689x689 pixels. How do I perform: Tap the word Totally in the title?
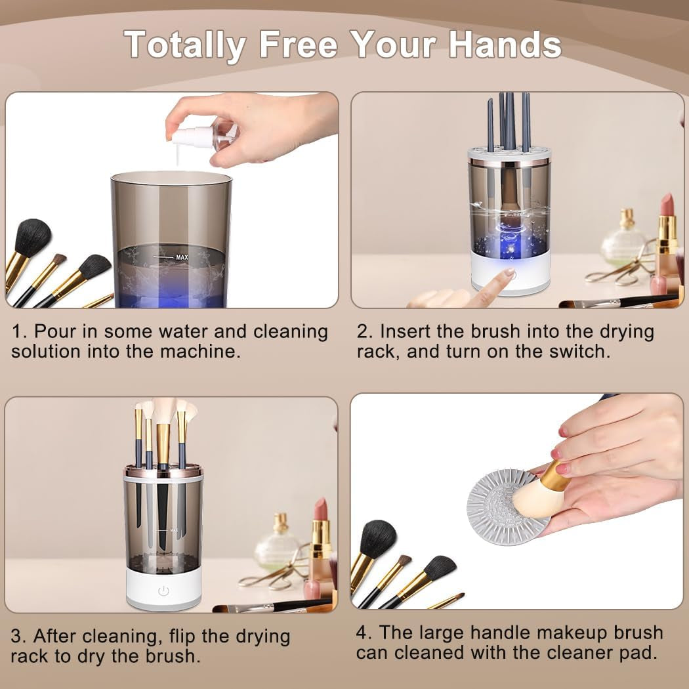(186, 45)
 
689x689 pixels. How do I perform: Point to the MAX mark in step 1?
(181, 257)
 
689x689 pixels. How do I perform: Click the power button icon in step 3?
(163, 591)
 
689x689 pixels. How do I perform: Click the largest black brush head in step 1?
(32, 238)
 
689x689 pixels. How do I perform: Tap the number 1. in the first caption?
(19, 331)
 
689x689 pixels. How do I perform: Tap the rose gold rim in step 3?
(163, 471)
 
